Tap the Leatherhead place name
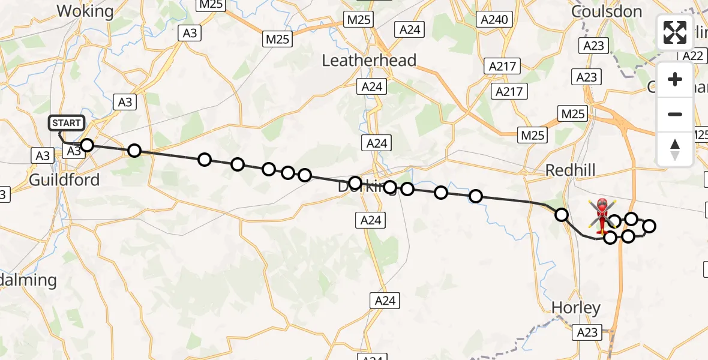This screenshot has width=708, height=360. click(x=369, y=60)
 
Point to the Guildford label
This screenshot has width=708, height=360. click(x=64, y=179)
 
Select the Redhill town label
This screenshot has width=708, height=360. click(x=571, y=170)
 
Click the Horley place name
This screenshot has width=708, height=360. click(x=576, y=308)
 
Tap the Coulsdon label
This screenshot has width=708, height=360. click(x=607, y=11)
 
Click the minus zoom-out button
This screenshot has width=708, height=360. click(x=675, y=114)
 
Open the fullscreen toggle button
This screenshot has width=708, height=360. click(x=675, y=32)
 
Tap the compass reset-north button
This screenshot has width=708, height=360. click(x=675, y=149)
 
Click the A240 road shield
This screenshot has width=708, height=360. click(x=494, y=19)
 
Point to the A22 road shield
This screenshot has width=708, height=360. click(x=693, y=56)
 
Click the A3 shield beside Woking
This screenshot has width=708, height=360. click(x=190, y=34)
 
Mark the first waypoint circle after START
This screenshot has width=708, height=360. click(x=88, y=145)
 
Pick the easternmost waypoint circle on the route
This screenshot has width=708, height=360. click(x=649, y=226)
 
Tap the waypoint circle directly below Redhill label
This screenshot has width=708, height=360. click(x=562, y=214)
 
